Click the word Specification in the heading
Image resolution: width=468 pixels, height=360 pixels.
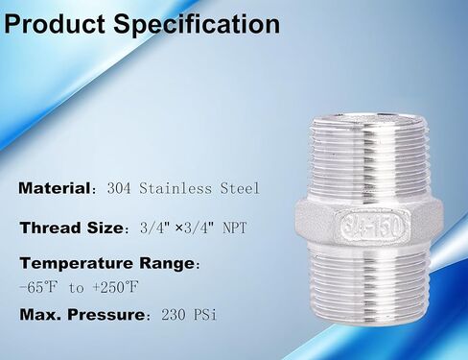pos(197,24)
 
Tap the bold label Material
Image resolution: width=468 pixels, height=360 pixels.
pos(54,188)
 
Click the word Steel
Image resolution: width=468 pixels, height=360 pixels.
pos(239,188)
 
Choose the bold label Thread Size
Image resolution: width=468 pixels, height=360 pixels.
pos(71,228)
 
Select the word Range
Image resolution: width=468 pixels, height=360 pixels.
pos(165,262)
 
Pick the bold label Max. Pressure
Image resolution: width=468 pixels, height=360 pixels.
pos(79,314)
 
